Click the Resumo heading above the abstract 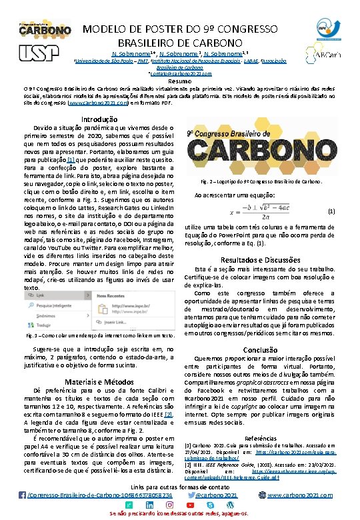180,81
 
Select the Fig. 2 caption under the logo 261,181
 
